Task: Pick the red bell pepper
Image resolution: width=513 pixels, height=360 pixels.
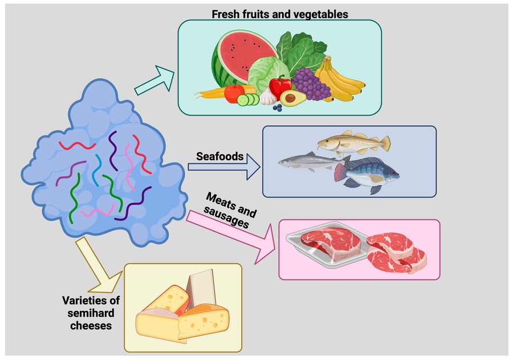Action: coord(280,87)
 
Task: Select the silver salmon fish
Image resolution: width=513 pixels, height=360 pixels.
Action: coord(308,162)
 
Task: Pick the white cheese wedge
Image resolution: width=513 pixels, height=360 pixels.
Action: coord(199,291)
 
